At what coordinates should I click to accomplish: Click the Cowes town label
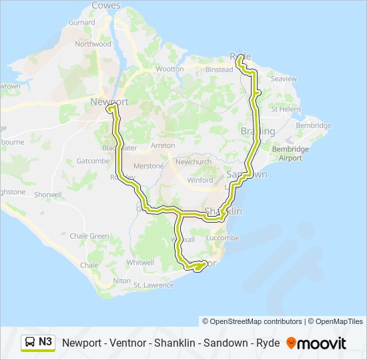click(106, 5)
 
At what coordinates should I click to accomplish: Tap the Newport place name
click(109, 101)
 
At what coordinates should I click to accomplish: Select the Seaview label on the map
click(284, 79)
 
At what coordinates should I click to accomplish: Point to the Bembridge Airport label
click(290, 154)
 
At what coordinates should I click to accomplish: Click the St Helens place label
click(286, 109)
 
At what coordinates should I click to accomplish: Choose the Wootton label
click(169, 69)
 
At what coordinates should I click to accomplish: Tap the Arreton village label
click(163, 145)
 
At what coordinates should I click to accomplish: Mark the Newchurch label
click(193, 162)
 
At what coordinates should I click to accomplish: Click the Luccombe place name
click(223, 237)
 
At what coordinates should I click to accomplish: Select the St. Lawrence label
click(153, 285)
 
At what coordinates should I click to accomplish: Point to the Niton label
click(122, 281)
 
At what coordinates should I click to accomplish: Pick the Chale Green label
click(89, 236)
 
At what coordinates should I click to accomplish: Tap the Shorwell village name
click(48, 195)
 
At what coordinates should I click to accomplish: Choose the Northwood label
click(93, 44)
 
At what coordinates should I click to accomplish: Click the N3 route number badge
click(45, 342)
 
